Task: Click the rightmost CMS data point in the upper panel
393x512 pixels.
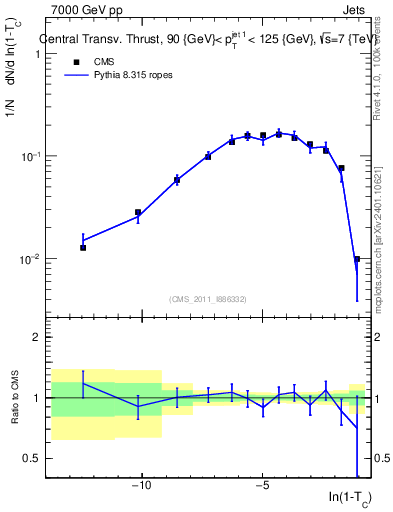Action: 357,259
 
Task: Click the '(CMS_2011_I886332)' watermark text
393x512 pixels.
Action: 209,298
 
